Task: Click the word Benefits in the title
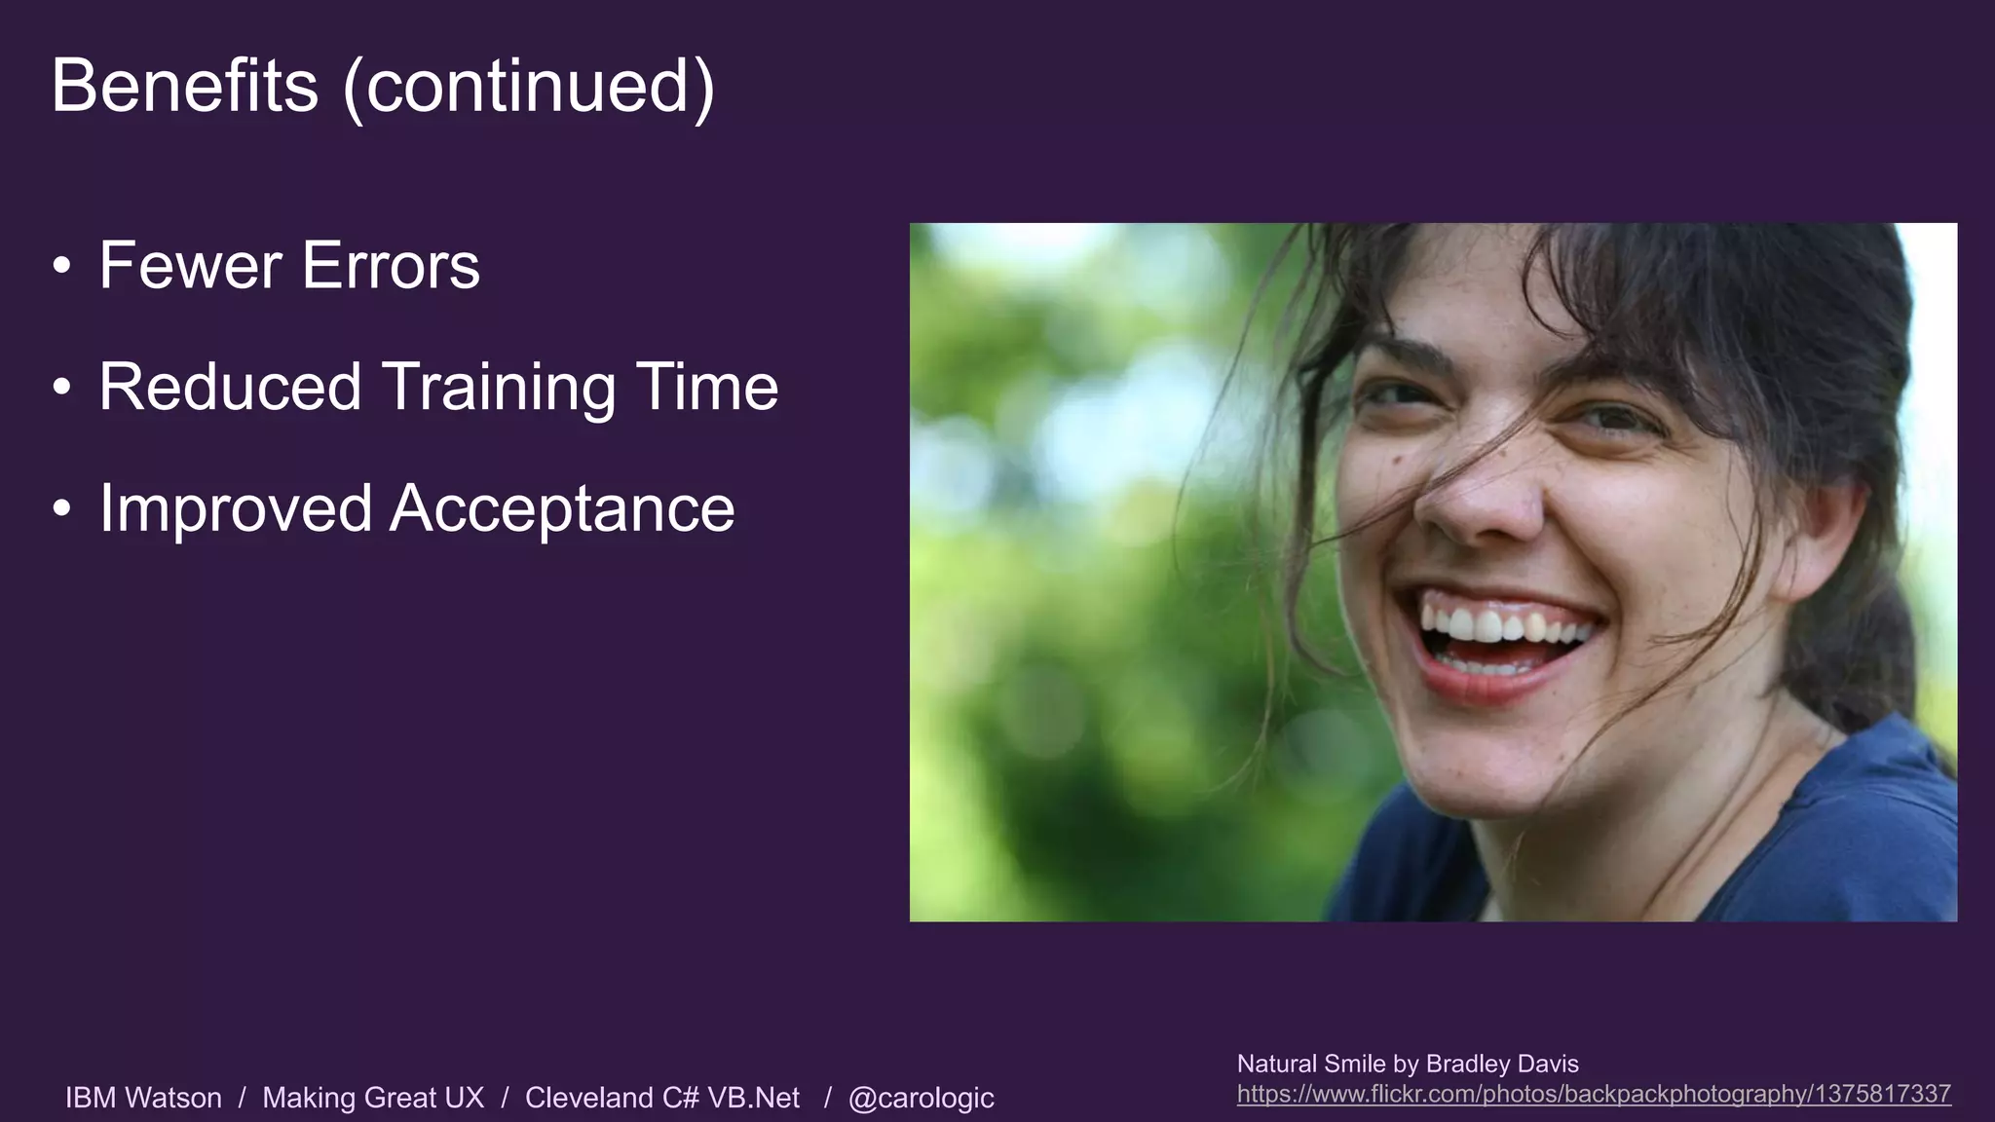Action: coord(185,86)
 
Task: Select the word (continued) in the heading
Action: coord(529,88)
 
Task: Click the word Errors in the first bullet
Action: coord(391,265)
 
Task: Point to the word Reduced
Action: coord(230,387)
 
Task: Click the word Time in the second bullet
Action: coord(707,387)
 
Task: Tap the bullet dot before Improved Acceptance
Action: coord(62,508)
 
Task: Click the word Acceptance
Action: coord(562,509)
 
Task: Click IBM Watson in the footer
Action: coord(143,1098)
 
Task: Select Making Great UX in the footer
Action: coord(373,1098)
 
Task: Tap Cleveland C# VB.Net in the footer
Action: coord(662,1098)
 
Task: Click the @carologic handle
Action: coord(921,1098)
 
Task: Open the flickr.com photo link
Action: coord(1594,1094)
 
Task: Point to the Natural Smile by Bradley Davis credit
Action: coord(1408,1064)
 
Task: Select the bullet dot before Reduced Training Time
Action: coord(62,387)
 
